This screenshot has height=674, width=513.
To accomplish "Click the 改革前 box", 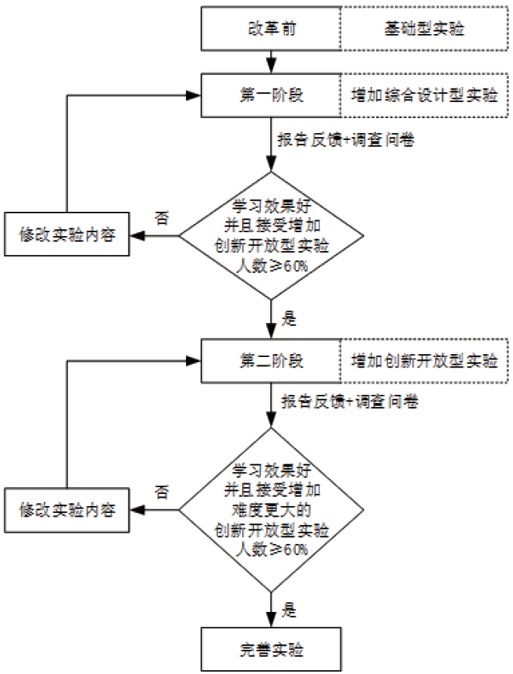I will [270, 30].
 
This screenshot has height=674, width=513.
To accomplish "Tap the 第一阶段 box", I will [270, 96].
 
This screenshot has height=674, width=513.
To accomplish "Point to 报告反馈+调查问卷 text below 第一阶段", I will [349, 141].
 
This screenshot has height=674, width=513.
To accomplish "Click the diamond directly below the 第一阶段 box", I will [270, 235].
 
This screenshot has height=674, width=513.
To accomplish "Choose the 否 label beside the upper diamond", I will [162, 218].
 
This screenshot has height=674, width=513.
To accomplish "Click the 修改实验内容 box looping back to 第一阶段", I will [67, 235].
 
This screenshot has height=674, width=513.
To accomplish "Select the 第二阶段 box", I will [270, 360].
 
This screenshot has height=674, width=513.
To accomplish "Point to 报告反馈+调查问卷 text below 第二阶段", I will [349, 402].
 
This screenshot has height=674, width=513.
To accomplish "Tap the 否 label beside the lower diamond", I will [162, 492].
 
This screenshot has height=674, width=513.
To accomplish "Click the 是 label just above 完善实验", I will [289, 607].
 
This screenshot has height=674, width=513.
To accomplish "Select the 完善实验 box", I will [270, 649].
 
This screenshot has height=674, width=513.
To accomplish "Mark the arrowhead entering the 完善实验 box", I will [270, 621].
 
